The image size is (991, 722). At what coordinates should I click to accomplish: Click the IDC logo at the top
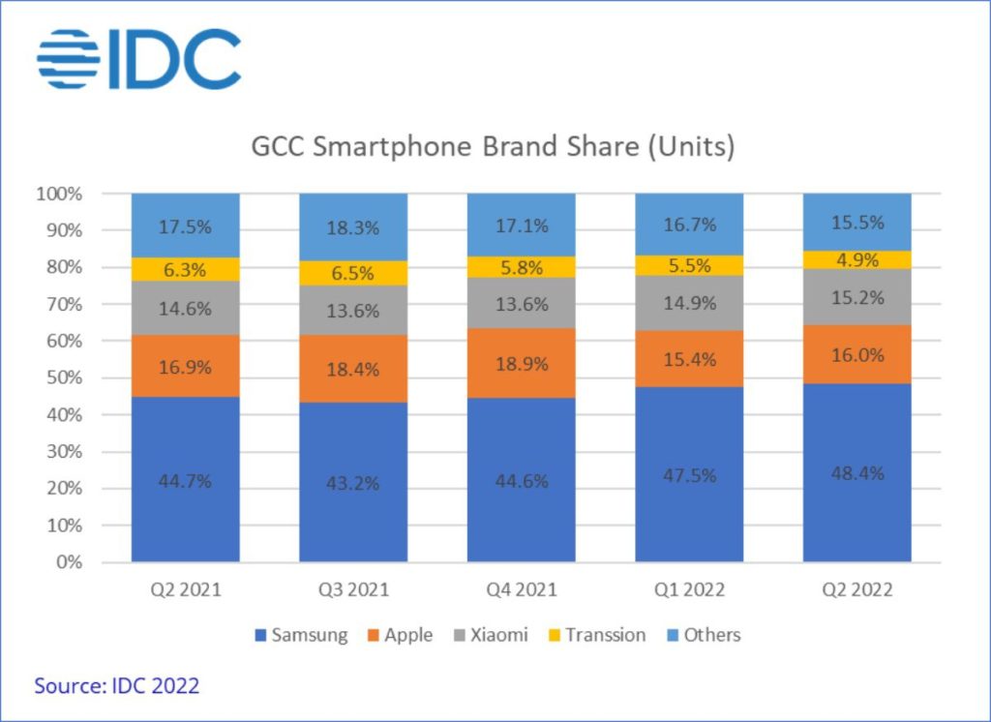pos(138,59)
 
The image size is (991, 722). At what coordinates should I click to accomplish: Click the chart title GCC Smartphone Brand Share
pos(494,148)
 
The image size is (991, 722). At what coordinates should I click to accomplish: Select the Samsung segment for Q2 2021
pos(186,479)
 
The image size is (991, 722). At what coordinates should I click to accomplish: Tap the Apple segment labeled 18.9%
pos(522,363)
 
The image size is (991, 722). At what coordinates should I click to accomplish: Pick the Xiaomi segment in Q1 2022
pos(689,303)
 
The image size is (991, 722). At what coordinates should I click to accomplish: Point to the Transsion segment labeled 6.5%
pos(353,273)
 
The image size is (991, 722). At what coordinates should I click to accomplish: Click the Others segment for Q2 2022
pos(857,222)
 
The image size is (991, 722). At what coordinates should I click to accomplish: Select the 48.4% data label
pos(857,473)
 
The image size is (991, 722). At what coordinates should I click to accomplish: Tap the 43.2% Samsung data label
pos(353,481)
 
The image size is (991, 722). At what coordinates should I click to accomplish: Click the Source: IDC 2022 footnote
pos(117,686)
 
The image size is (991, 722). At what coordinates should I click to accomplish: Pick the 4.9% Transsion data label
pos(857,259)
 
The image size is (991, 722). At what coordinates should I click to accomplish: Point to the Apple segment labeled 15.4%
pos(689,359)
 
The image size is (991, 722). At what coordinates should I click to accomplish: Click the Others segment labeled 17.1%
pos(522,225)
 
